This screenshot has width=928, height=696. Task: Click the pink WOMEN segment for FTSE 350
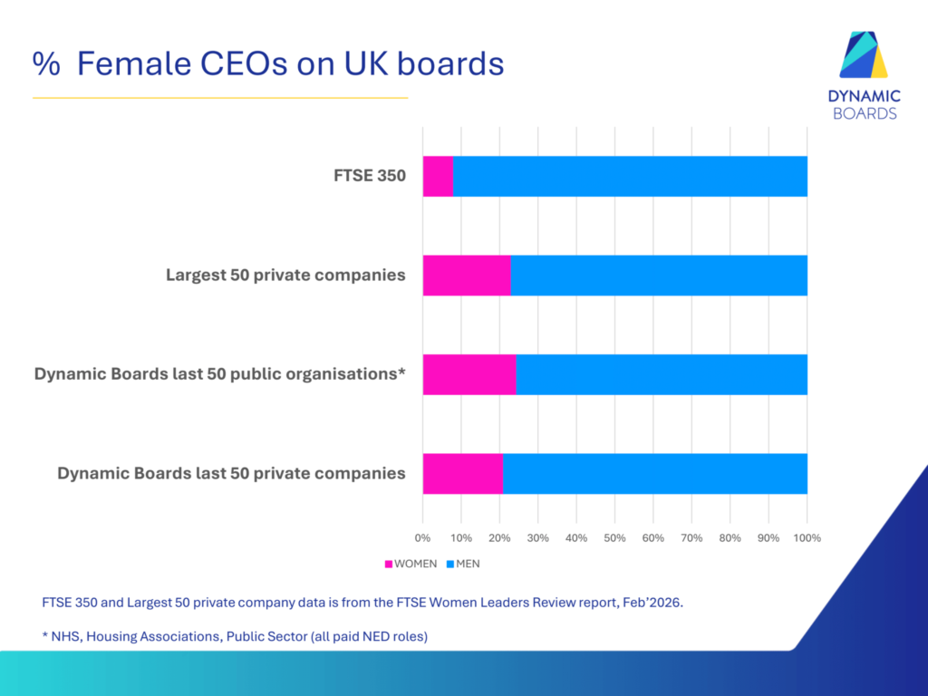pyautogui.click(x=438, y=176)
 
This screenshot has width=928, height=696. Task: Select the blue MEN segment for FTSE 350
pyautogui.click(x=630, y=176)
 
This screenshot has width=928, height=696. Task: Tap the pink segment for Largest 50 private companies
pyautogui.click(x=467, y=275)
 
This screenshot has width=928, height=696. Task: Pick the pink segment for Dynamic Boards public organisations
pyautogui.click(x=469, y=374)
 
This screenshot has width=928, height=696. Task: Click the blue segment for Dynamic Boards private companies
pyautogui.click(x=655, y=473)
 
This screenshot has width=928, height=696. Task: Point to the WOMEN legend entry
pyautogui.click(x=412, y=564)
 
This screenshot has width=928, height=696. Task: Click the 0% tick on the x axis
pyautogui.click(x=423, y=538)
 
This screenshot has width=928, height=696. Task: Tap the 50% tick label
pyautogui.click(x=614, y=538)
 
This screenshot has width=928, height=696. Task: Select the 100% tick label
pyautogui.click(x=807, y=538)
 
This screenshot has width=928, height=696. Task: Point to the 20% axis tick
pyautogui.click(x=499, y=538)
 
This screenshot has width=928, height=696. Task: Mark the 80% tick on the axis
pyautogui.click(x=730, y=538)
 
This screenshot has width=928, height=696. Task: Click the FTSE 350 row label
pyautogui.click(x=369, y=176)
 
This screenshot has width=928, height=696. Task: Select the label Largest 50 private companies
pyautogui.click(x=285, y=275)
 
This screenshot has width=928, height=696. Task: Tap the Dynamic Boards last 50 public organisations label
pyautogui.click(x=219, y=374)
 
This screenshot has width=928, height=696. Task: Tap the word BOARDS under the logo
pyautogui.click(x=866, y=113)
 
